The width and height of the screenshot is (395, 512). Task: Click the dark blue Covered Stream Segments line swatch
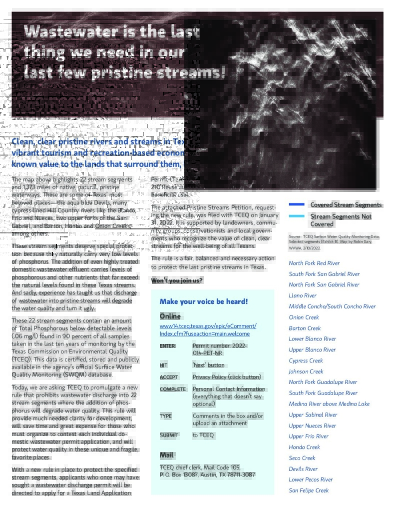[296, 204]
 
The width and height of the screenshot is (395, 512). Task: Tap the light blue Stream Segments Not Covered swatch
[296, 216]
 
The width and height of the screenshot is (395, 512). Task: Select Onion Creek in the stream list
[304, 317]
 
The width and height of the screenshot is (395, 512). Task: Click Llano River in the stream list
[303, 295]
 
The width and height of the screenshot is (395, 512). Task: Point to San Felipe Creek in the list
[309, 490]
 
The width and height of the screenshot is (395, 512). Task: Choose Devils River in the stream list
[303, 469]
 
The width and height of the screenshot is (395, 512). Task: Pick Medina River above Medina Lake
[329, 404]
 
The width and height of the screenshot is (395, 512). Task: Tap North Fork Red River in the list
[314, 263]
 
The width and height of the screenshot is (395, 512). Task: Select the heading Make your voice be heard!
[204, 301]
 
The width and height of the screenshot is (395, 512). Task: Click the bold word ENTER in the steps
[167, 346]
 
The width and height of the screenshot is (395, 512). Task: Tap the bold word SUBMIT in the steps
[169, 435]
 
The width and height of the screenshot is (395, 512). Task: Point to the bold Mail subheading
[166, 455]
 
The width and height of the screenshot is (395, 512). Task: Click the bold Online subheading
[170, 316]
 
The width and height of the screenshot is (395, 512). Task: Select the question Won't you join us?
[177, 280]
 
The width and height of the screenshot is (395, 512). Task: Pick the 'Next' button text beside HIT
[208, 365]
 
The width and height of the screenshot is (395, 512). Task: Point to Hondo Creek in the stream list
[304, 447]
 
